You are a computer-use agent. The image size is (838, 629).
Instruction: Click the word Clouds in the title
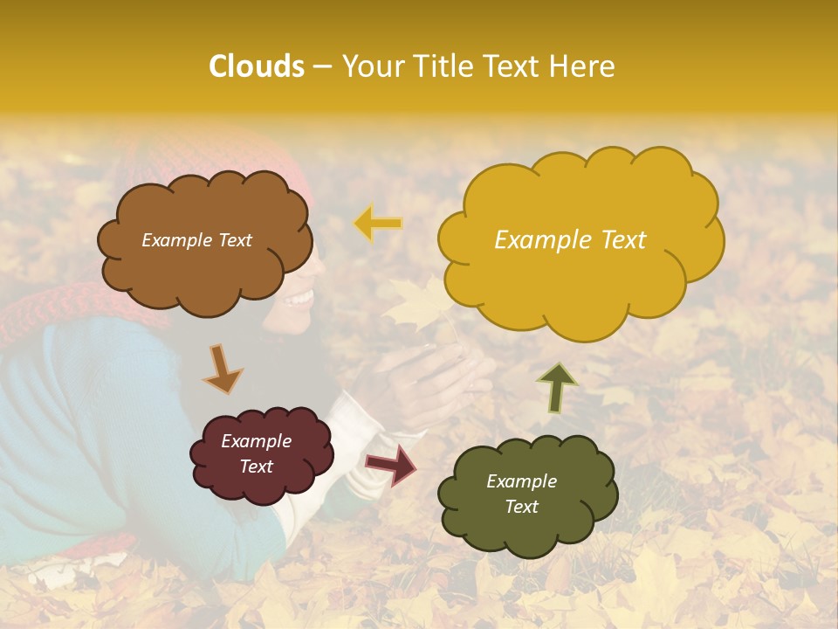(x=257, y=66)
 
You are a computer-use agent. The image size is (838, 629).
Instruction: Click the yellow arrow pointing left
(x=377, y=224)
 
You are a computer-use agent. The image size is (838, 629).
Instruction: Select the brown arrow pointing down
(x=223, y=368)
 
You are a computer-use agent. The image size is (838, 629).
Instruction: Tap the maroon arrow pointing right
(x=390, y=464)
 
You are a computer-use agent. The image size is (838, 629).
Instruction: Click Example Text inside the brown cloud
(x=196, y=240)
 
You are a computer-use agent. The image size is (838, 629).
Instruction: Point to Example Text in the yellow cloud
(x=570, y=240)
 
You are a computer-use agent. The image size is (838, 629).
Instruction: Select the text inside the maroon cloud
(x=256, y=454)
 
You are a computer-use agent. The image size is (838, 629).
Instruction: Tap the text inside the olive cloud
(x=521, y=494)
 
